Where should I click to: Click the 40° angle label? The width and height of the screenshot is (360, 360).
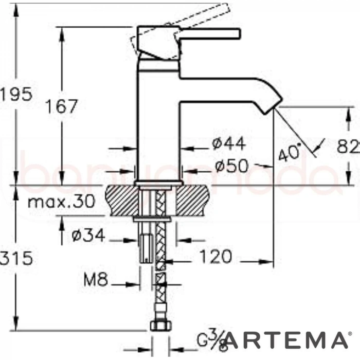[x=289, y=153]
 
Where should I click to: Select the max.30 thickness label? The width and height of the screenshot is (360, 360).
[x=61, y=202]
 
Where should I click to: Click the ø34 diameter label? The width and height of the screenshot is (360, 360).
[x=88, y=236]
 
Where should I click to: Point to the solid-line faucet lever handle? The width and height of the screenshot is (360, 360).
[x=208, y=33]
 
